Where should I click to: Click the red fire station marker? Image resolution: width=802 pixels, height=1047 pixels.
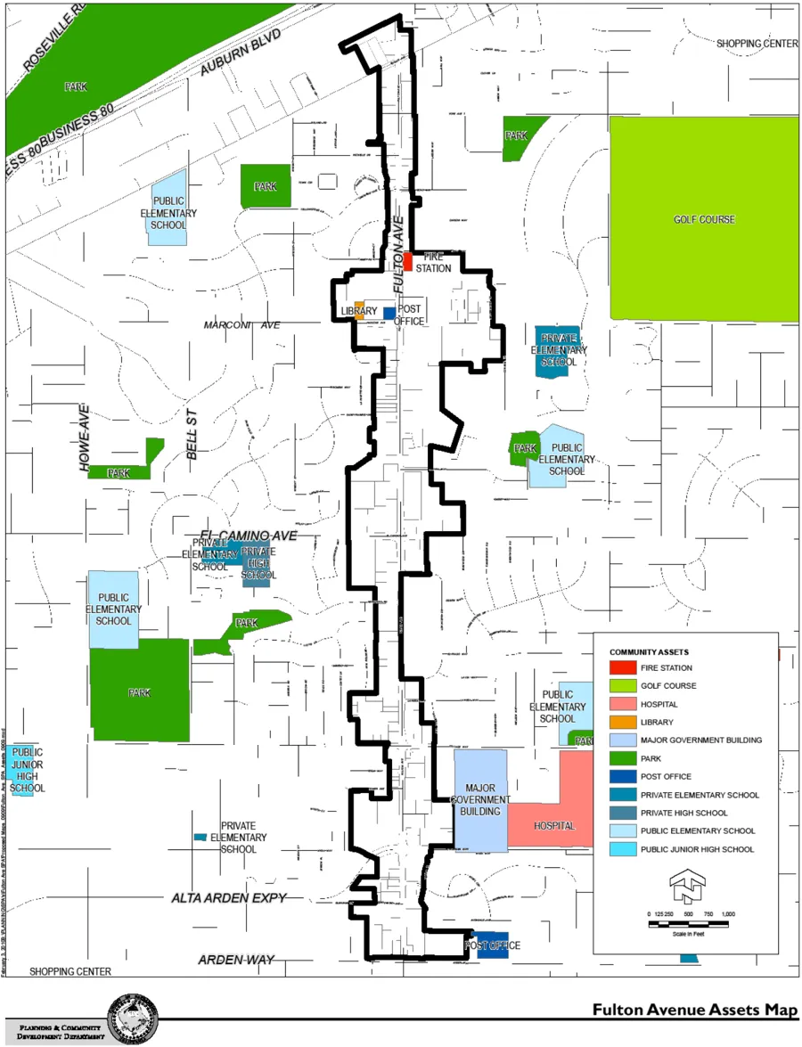(x=407, y=262)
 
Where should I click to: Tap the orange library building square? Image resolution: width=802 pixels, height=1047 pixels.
(x=359, y=311)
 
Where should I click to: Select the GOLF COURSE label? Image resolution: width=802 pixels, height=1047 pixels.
(x=704, y=218)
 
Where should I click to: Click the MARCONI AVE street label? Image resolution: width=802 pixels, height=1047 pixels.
(x=241, y=325)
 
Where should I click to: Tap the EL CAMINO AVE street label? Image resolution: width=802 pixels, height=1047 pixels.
(x=248, y=536)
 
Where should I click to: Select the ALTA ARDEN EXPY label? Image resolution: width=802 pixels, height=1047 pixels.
(x=229, y=898)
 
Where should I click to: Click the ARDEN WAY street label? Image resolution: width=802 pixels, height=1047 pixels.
(x=236, y=960)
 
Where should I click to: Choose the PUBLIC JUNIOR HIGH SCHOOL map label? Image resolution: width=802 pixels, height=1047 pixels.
(x=28, y=770)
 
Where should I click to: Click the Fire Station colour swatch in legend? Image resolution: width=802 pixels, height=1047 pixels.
(x=622, y=667)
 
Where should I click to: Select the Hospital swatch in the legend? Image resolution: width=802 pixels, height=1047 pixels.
(x=622, y=704)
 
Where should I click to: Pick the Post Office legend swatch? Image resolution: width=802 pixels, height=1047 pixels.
(x=622, y=776)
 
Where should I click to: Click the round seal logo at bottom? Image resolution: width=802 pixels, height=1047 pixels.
(x=134, y=1018)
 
